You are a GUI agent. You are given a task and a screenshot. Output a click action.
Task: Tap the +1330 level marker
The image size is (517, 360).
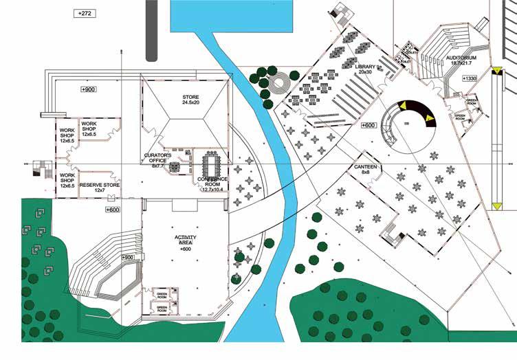[470, 80]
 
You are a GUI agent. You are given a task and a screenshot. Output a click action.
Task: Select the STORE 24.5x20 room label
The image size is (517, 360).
[190, 100]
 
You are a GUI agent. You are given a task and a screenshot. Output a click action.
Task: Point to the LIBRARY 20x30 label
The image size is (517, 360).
[368, 69]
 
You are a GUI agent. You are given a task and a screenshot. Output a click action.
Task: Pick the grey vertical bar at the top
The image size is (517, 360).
[151, 30]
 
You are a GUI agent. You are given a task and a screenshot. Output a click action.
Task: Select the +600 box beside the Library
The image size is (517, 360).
[368, 125]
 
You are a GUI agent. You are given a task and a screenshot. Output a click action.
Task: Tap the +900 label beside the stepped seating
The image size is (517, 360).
[128, 257]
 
